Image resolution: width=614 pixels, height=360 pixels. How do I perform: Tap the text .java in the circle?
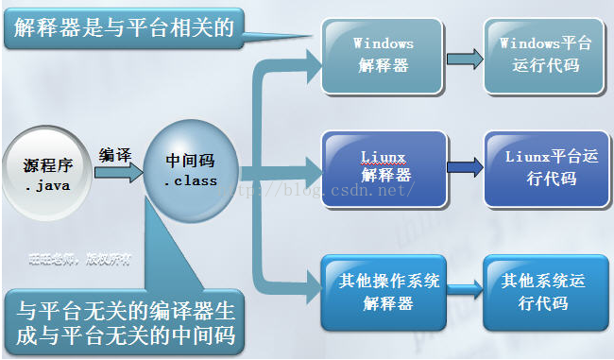point(46,186)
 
